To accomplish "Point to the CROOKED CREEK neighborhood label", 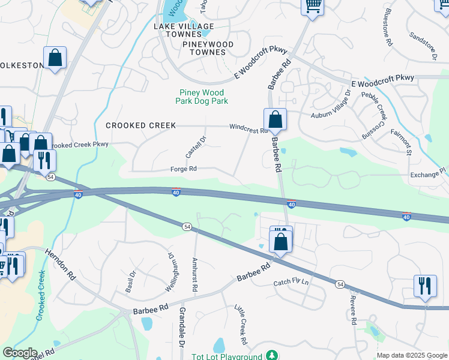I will [141, 125].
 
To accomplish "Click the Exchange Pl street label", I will [427, 173].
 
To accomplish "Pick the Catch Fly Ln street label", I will [291, 282].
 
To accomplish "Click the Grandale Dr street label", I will [181, 327].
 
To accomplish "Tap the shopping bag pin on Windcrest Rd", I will [275, 119].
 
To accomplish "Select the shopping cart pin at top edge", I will [312, 6].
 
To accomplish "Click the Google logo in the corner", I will [19, 353].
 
